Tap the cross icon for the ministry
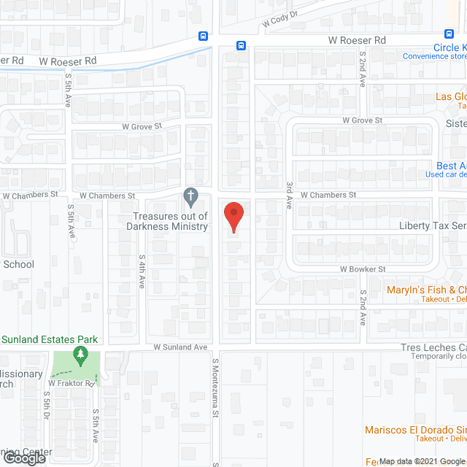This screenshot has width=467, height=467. point(190,196)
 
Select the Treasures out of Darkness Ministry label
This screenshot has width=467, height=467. point(170,221)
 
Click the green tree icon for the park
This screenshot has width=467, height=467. point(80,356)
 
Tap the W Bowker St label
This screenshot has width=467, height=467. point(363,269)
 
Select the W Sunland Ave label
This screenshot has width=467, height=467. point(181,347)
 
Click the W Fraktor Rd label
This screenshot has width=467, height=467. point(72,383)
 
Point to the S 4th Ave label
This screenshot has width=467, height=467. point(141,272)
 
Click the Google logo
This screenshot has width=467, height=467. point(24,458)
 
